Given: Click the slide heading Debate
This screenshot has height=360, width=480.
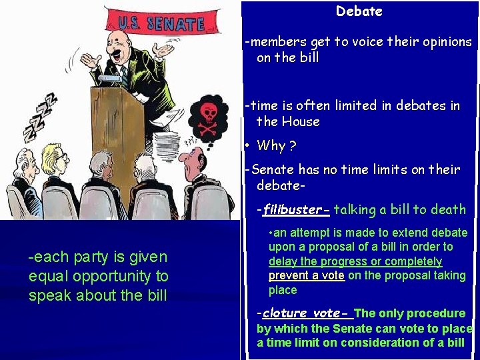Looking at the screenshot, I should tap(359, 11).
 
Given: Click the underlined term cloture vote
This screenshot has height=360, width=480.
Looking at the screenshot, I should tap(301, 313).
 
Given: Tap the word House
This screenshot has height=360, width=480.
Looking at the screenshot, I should tap(297, 121).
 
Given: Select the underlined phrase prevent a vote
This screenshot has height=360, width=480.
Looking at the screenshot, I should tap(307, 275).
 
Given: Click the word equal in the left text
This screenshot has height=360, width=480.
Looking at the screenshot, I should tap(47, 276).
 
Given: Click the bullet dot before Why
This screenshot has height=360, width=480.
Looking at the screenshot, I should tap(247, 145).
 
